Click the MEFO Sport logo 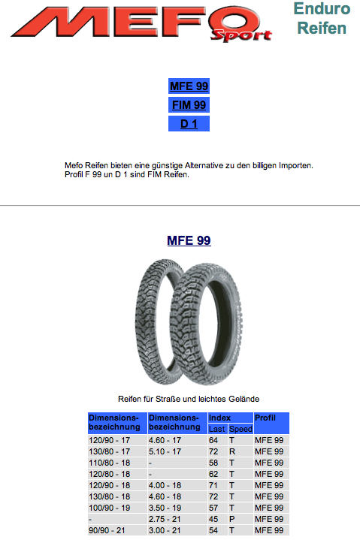pyautogui.click(x=142, y=23)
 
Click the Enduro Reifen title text pyautogui.click(x=322, y=18)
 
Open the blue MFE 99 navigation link pyautogui.click(x=189, y=86)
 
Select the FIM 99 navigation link pyautogui.click(x=189, y=104)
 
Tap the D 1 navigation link pyautogui.click(x=189, y=124)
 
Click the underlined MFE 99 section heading pyautogui.click(x=189, y=240)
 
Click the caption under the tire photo pyautogui.click(x=189, y=399)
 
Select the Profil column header pyautogui.click(x=271, y=423)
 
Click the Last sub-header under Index pyautogui.click(x=218, y=429)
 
